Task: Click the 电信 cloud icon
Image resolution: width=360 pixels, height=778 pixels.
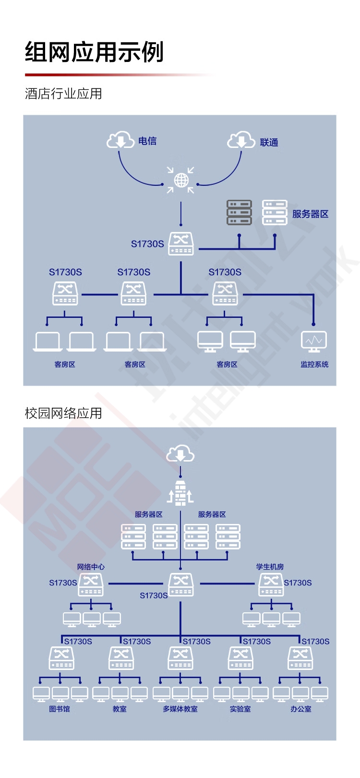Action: (x=120, y=140)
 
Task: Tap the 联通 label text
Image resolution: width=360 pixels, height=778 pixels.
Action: (x=269, y=143)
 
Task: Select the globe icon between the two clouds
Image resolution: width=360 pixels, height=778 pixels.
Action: (x=181, y=180)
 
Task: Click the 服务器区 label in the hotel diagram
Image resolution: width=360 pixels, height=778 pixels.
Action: (x=310, y=214)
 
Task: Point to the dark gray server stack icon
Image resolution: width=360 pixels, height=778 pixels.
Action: (x=239, y=212)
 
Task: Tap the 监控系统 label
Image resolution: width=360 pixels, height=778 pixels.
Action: (x=314, y=365)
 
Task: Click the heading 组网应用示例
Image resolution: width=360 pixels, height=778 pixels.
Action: (x=94, y=51)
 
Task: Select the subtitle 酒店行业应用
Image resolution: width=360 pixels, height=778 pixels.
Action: (x=63, y=94)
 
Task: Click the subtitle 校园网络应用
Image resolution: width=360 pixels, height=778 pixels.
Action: (x=63, y=413)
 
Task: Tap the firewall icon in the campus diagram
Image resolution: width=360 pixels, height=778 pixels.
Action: (x=180, y=493)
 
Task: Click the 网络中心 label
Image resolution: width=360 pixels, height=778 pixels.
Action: (x=91, y=567)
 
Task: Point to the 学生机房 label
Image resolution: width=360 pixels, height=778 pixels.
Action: (x=270, y=567)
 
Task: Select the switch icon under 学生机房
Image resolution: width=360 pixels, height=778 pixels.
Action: (x=271, y=584)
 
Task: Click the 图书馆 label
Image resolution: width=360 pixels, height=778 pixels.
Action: (x=60, y=709)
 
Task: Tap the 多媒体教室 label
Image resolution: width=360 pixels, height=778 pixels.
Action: (x=180, y=709)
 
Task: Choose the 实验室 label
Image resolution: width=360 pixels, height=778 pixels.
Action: (x=240, y=709)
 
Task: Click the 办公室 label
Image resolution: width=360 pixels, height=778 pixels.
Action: (x=300, y=709)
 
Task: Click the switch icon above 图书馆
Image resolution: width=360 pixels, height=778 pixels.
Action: (x=61, y=658)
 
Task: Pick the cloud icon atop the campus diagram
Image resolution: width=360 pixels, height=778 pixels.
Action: (x=180, y=454)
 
